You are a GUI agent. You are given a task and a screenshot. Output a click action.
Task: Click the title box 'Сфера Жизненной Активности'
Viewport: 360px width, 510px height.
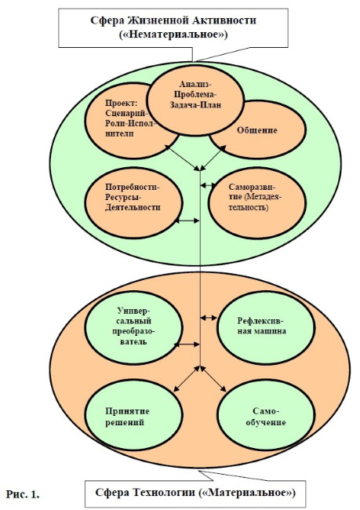point(173,28)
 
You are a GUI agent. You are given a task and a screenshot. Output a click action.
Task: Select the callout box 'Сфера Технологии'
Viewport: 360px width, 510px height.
point(195,493)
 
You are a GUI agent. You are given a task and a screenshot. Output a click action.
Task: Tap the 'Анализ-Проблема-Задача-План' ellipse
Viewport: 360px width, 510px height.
point(195,100)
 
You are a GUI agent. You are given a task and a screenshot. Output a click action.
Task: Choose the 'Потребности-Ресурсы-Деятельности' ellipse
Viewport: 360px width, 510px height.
point(133,202)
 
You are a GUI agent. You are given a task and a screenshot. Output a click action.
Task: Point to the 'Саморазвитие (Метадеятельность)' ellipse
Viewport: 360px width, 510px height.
point(257,203)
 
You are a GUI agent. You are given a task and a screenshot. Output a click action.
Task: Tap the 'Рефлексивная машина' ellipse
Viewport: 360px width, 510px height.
point(266,327)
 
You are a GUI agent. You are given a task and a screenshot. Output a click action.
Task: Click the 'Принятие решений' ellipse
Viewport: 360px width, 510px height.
point(133,417)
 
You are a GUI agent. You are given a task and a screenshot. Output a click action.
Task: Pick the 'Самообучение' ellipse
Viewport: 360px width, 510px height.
point(266,417)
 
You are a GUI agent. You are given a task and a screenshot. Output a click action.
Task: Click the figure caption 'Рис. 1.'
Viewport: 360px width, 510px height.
point(23,495)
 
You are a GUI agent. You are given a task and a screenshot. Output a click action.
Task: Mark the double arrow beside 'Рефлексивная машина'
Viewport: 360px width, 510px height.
point(209,318)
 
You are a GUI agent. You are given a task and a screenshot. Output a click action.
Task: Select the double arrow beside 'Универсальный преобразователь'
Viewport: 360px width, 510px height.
point(187,344)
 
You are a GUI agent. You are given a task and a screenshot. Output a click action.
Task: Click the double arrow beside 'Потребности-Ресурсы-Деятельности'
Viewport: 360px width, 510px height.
point(187,220)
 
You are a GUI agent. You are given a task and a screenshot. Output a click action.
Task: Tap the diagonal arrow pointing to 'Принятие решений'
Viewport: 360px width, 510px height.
point(187,379)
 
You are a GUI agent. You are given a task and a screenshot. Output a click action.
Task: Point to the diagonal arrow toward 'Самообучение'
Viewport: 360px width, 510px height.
point(213,379)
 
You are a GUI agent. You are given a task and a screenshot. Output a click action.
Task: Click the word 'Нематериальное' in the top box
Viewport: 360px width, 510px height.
point(173,35)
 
